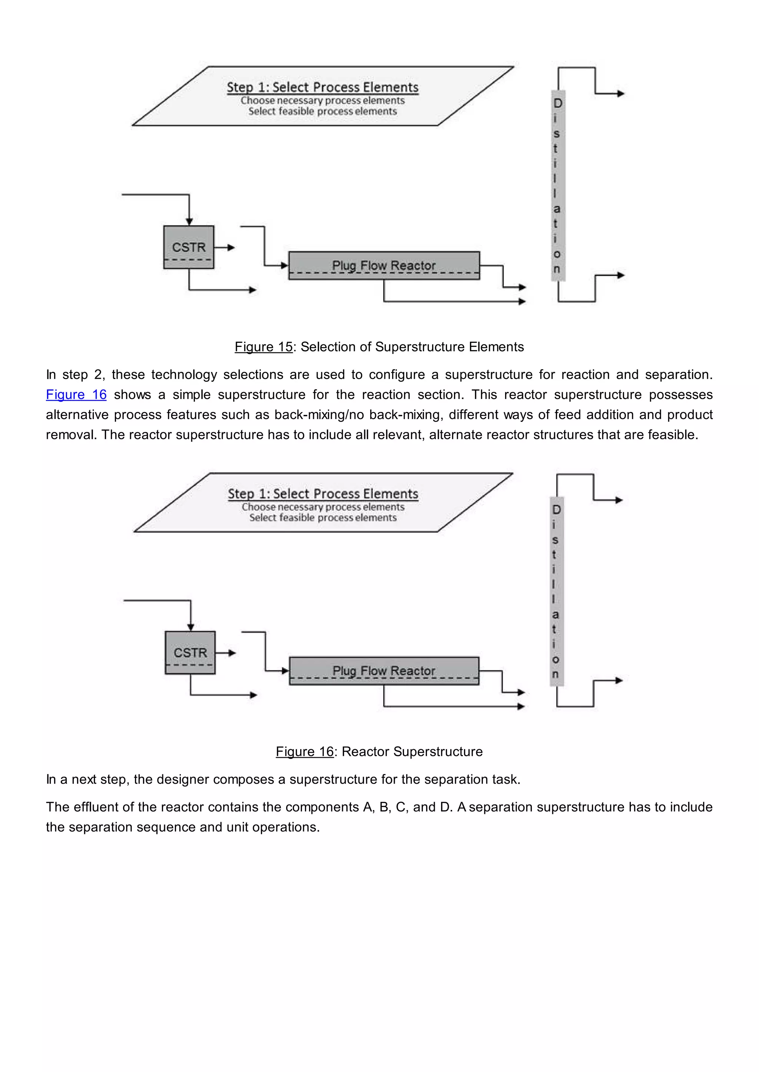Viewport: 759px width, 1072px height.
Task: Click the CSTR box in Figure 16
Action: tap(190, 652)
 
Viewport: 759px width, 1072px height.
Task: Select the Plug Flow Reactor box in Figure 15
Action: tap(384, 265)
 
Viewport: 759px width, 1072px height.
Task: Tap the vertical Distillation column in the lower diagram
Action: tap(557, 591)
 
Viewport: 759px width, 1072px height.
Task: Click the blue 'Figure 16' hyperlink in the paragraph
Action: tap(76, 395)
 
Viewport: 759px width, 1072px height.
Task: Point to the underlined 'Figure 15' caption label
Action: tap(264, 347)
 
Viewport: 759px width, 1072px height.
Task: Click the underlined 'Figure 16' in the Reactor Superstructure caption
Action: tap(305, 752)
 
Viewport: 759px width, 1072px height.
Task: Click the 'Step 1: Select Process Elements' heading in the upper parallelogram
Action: tap(322, 87)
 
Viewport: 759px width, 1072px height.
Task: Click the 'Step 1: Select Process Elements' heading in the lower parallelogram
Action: tap(323, 493)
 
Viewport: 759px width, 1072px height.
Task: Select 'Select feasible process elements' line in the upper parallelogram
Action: tap(322, 111)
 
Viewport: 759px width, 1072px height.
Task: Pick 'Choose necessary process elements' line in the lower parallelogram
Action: tap(323, 507)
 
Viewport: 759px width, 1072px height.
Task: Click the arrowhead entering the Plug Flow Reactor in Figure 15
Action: tap(285, 265)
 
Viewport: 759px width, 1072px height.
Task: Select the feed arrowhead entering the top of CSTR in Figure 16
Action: tap(191, 627)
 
